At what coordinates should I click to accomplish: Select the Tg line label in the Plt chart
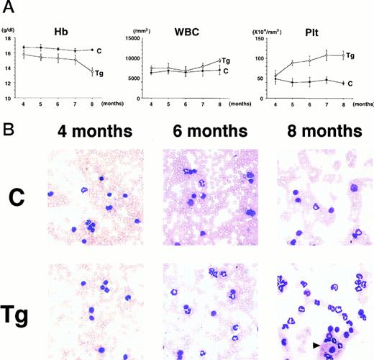pyautogui.click(x=350, y=55)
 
